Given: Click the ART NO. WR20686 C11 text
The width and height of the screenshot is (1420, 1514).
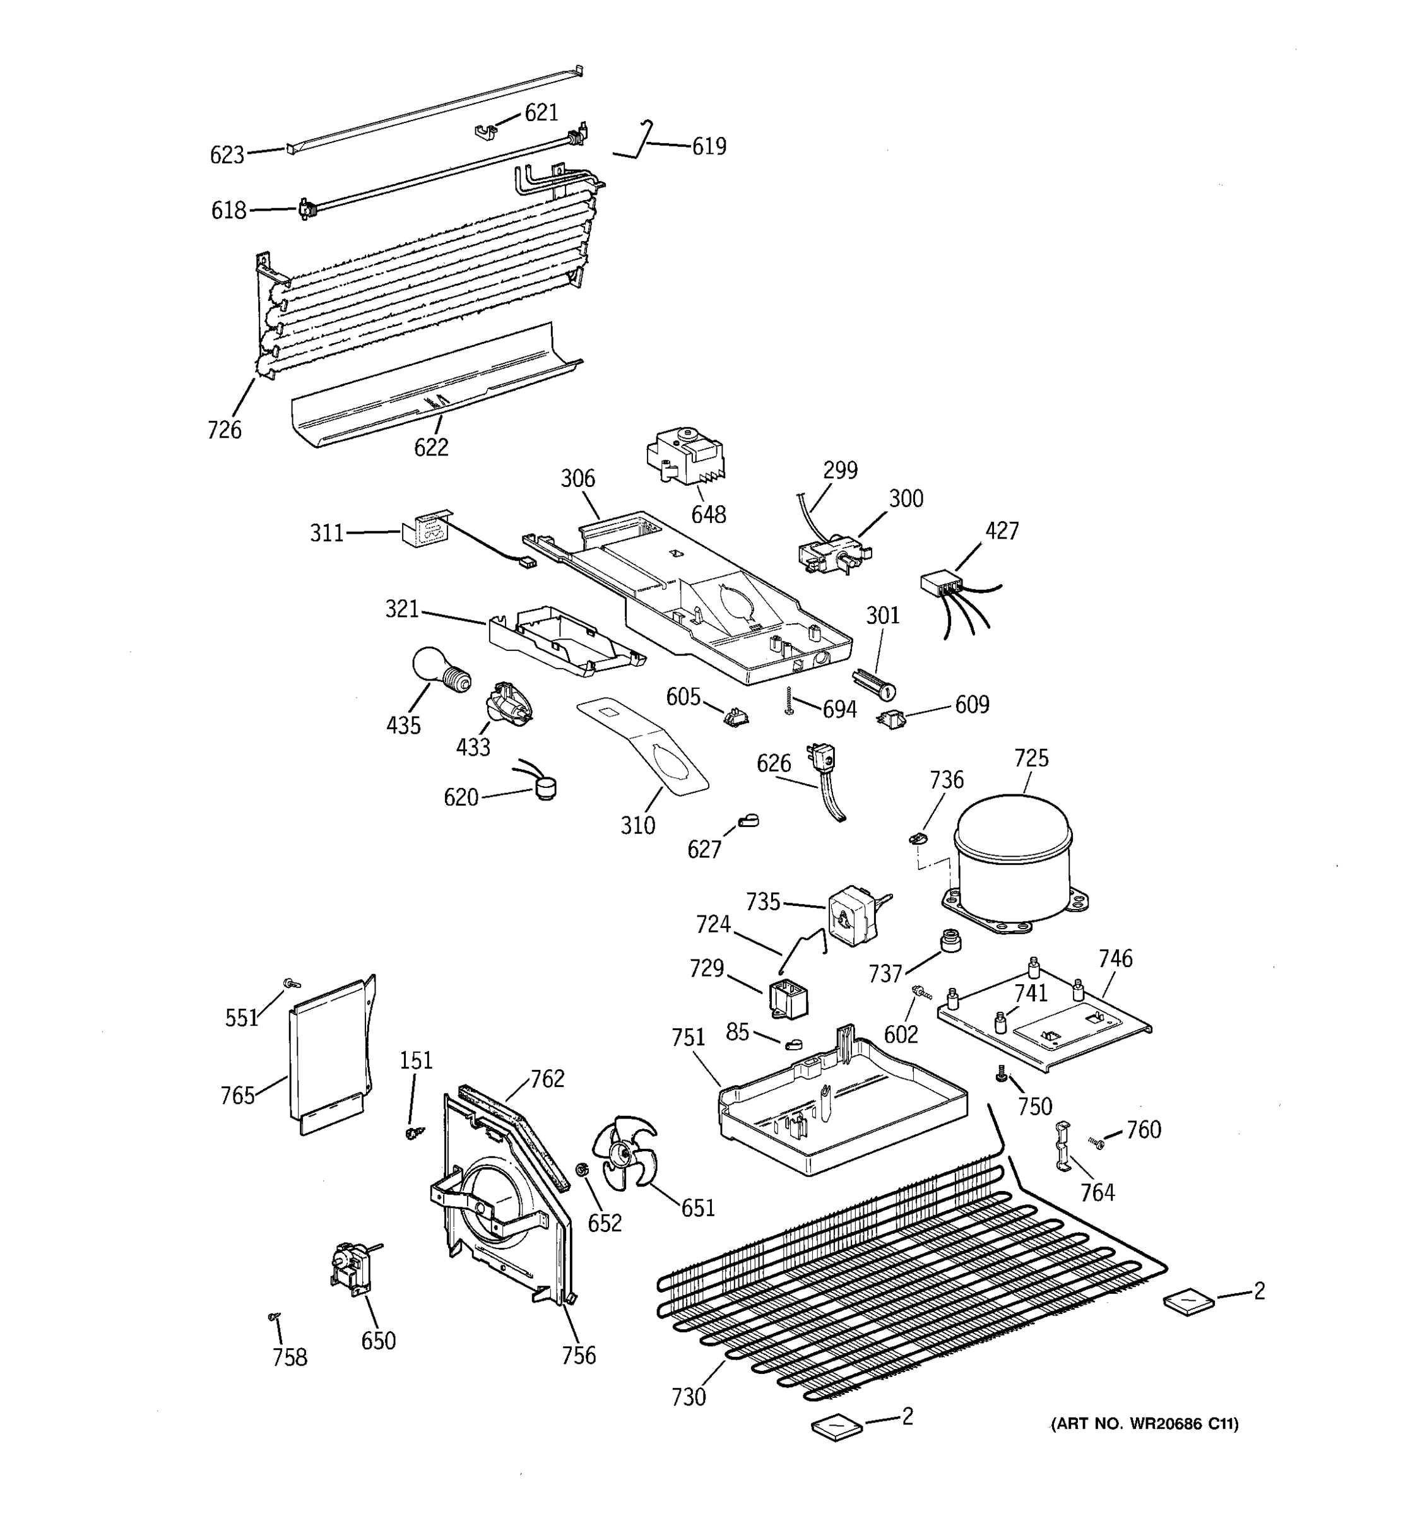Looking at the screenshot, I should click(x=1144, y=1423).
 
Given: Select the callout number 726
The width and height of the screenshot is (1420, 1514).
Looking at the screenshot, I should click(x=224, y=430).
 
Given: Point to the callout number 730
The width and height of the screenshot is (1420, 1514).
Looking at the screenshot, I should click(x=688, y=1397).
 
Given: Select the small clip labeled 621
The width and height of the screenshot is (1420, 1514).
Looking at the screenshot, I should click(x=485, y=133).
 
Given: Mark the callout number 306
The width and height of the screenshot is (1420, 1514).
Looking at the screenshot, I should click(x=577, y=479).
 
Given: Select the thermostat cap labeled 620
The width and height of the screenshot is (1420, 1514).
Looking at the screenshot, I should click(x=543, y=787).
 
